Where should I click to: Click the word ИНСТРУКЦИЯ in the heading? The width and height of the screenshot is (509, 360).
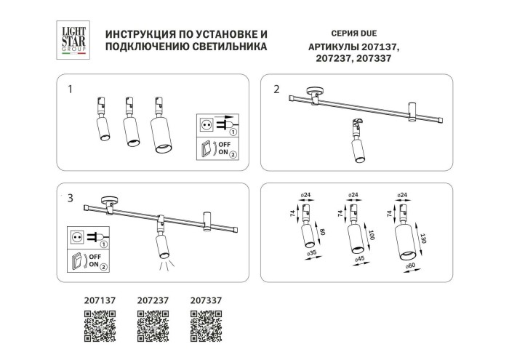(138, 35)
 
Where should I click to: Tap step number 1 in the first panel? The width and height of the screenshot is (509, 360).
(70, 90)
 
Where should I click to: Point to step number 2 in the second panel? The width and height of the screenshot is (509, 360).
(276, 89)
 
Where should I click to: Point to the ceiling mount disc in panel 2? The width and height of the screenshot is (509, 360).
(316, 92)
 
